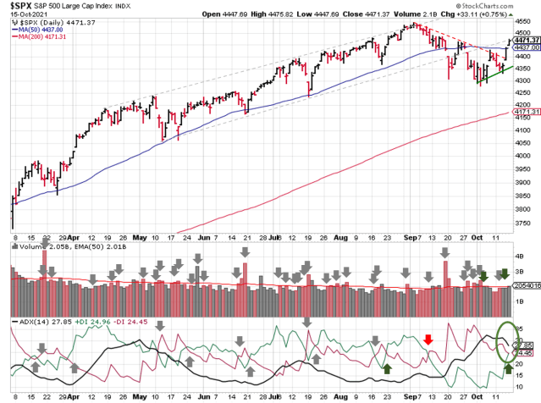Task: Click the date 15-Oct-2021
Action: (23, 14)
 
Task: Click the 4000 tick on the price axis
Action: (525, 142)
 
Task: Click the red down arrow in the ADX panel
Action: (428, 339)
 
